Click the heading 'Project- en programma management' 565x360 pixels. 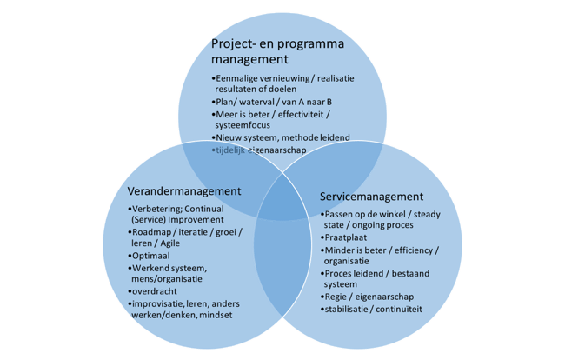276,52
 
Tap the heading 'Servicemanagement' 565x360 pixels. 372,197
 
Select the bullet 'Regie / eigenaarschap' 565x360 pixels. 367,297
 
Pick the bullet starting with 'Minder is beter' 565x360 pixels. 379,255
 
